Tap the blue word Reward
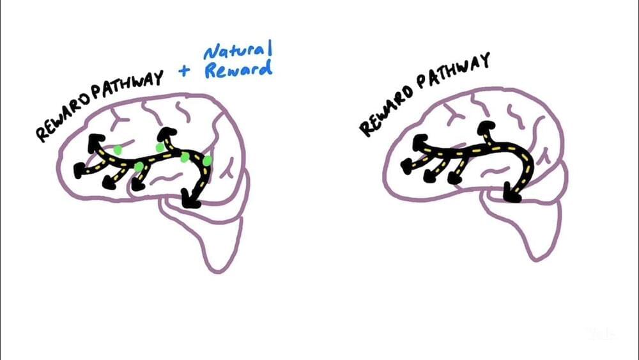(x=238, y=69)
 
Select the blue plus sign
(x=184, y=71)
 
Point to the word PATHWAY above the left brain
(x=127, y=86)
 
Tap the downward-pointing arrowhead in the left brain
(x=190, y=199)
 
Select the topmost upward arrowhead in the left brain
(x=167, y=133)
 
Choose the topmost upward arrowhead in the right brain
(x=486, y=127)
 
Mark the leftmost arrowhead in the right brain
(x=408, y=166)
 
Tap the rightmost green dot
(x=207, y=161)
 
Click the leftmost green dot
(x=118, y=150)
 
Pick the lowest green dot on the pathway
(x=139, y=166)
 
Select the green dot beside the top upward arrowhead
(x=160, y=147)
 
